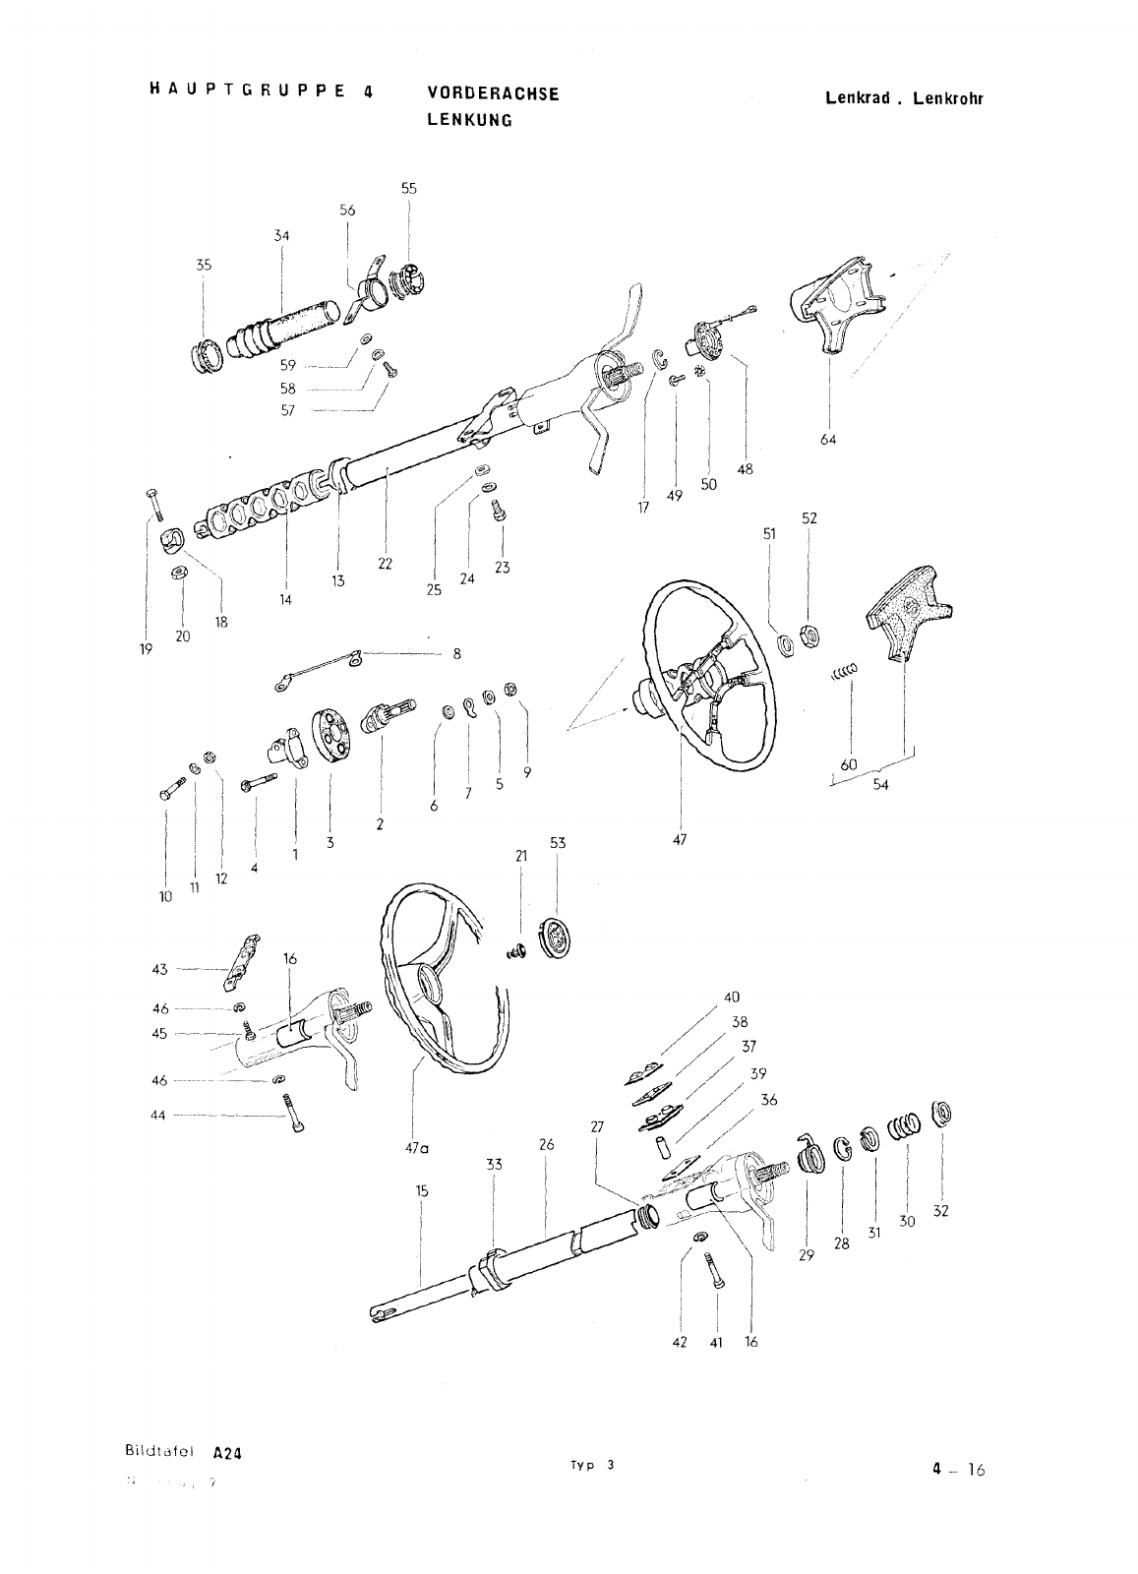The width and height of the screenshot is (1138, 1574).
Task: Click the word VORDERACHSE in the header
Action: [x=493, y=93]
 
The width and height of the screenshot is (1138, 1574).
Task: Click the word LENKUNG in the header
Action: [x=469, y=120]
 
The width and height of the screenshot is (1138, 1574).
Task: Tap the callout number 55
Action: [x=408, y=188]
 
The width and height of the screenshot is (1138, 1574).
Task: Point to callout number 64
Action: [x=827, y=440]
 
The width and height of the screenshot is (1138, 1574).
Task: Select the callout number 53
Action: [x=558, y=843]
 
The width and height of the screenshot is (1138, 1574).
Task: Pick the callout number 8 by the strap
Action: [x=456, y=653]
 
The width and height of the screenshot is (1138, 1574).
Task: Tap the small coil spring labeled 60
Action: [x=844, y=672]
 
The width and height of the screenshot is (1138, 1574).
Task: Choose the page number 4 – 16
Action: [x=958, y=1471]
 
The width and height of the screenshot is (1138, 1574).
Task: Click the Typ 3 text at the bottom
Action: [x=590, y=1464]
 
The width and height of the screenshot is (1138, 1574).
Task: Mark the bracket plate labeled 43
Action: [x=242, y=964]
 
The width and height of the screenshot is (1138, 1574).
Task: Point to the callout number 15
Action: [x=421, y=1191]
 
